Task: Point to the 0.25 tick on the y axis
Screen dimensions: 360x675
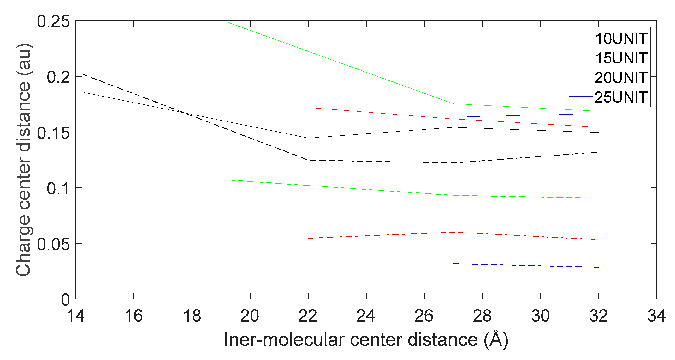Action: [53, 21]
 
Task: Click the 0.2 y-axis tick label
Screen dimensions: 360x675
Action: [58, 77]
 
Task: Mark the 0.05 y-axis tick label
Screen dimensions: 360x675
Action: [53, 244]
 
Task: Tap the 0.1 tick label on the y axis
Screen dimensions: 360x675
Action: [58, 189]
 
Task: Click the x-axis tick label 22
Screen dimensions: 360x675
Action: [308, 316]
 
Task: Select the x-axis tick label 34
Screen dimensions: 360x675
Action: [656, 316]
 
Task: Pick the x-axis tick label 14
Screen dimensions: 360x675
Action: [76, 316]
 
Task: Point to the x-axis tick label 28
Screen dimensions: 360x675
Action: [482, 316]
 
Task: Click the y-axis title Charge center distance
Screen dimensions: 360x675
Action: [23, 160]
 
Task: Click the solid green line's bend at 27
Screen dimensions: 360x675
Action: [453, 104]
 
